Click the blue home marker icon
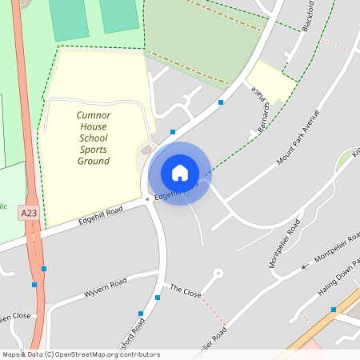pyautogui.click(x=180, y=173)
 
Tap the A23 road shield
pyautogui.click(x=30, y=212)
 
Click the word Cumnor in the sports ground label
pyautogui.click(x=93, y=115)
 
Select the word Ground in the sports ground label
pyautogui.click(x=93, y=161)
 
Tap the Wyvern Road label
pyautogui.click(x=106, y=288)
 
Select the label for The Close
pyautogui.click(x=186, y=290)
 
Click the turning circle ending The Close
pyautogui.click(x=218, y=273)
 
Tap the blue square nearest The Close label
pyautogui.click(x=158, y=298)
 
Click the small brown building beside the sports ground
pyautogui.click(x=146, y=150)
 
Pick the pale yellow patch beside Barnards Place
pyautogui.click(x=270, y=82)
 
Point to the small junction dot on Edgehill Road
pyautogui.click(x=146, y=199)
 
